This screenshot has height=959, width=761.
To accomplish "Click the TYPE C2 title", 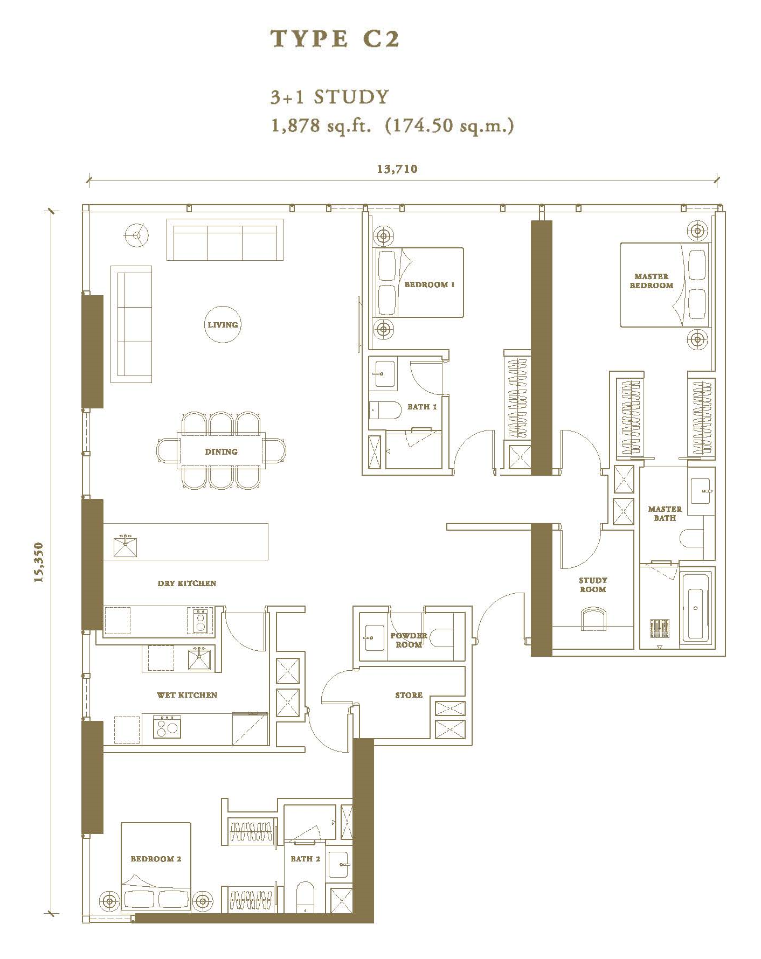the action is click(335, 39).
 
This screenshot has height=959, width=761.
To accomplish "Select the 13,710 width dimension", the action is click(397, 169).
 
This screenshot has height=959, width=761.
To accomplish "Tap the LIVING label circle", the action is click(223, 325).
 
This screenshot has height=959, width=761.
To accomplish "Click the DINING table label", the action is click(221, 451).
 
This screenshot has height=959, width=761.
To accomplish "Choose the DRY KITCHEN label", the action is click(187, 583).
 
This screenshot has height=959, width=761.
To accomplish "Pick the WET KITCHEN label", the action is click(187, 695).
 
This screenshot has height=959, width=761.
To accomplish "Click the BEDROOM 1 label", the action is click(430, 284).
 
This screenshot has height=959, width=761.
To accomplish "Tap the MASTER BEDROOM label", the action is click(652, 281).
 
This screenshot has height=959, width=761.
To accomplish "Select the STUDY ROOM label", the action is click(593, 585).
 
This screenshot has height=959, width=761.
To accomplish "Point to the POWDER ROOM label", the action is click(409, 640).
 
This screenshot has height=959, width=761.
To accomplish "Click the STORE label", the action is click(409, 695).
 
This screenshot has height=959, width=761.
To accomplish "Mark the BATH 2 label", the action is click(306, 859).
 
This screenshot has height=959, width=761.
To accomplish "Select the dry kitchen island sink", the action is click(125, 546).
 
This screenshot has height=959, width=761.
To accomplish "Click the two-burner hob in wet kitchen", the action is click(167, 727).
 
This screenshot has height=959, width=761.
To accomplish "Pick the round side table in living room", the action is click(137, 235).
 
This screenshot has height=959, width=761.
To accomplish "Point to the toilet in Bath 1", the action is click(385, 410).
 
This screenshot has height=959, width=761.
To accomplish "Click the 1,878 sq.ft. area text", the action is click(321, 126).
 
